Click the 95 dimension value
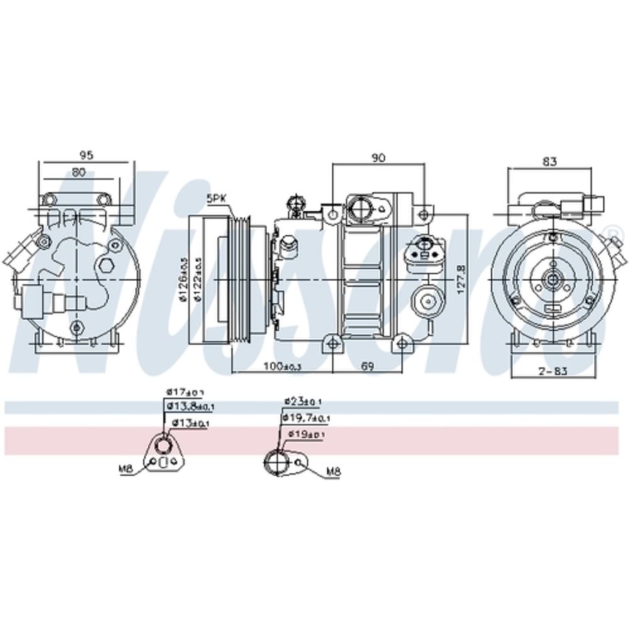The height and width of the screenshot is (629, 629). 86,155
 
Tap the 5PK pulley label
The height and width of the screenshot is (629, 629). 216,198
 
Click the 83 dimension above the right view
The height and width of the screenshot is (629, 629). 549,162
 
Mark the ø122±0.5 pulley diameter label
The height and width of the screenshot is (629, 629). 198,279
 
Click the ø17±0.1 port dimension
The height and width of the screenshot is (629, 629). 186,392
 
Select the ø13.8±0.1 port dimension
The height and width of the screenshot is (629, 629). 191,408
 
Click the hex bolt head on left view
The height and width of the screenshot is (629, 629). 106,265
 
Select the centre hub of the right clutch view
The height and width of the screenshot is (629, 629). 552,279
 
